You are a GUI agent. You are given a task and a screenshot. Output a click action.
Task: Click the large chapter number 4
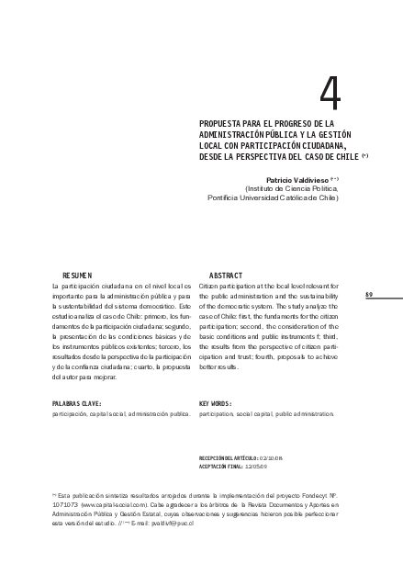click(330, 92)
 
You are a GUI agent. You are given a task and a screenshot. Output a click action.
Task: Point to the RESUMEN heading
click(78, 276)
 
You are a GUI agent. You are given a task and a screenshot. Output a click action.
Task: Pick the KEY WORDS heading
click(216, 402)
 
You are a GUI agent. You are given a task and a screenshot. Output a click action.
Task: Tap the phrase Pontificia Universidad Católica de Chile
click(273, 197)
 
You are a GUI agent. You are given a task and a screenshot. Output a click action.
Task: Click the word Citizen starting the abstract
click(210, 287)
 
